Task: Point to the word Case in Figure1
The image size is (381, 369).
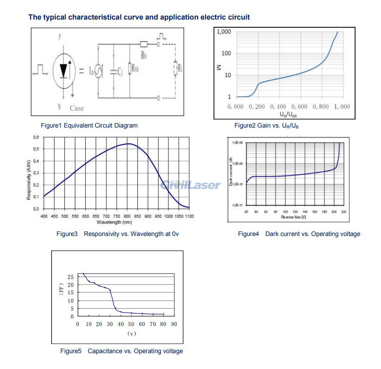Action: point(77,108)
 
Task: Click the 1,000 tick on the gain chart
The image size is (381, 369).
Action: point(224,32)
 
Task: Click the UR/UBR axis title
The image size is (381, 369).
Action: point(288,113)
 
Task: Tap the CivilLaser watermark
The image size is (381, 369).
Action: point(190,184)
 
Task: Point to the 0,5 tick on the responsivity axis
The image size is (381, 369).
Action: point(36,149)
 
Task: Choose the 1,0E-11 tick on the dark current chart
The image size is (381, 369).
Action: point(237,205)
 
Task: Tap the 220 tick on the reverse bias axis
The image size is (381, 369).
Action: point(343,212)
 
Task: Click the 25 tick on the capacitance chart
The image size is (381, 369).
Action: point(70,277)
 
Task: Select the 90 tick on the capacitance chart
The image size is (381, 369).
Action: point(173,324)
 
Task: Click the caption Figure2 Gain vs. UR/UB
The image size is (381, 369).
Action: point(266,126)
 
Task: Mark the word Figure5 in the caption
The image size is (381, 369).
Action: point(71,351)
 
